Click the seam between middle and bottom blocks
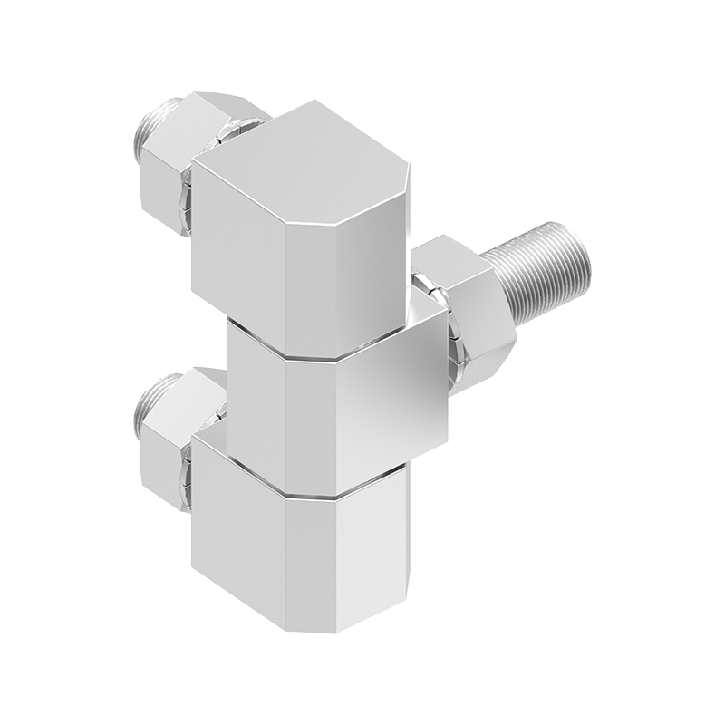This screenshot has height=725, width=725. pyautogui.click(x=308, y=494)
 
